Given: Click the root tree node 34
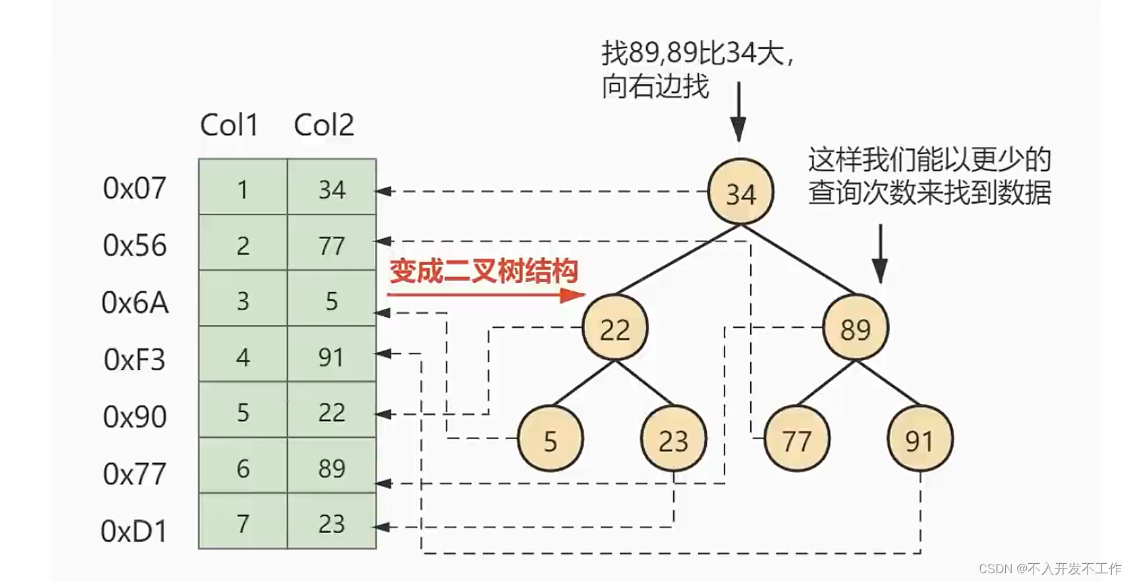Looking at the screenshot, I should pos(740,192).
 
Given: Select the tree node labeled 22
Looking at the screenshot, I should pos(615,328).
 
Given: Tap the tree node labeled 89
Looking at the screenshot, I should pos(855,328).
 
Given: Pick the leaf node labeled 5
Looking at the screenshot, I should pos(550,440).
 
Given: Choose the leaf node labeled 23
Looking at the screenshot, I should pos(673,440).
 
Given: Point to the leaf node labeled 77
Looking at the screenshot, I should pos(797,440).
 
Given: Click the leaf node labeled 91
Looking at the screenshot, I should pos(919,440).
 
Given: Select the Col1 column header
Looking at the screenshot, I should pos(229,125).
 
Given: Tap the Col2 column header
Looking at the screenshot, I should pos(324,125).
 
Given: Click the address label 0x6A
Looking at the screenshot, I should pos(135,303).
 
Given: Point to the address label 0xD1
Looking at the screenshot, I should pos(134,531).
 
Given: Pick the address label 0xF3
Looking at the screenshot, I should pos(135,359).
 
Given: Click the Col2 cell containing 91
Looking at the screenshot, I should pos(331,357).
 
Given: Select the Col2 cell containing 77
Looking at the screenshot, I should pos(331,245).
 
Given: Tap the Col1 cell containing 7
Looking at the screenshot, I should pos(243,524).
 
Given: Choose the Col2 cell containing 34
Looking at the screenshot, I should pos(331,190).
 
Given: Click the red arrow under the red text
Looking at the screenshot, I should pos(486,295).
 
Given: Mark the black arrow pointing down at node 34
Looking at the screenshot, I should pos(739,112).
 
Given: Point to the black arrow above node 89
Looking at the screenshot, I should pos(880,254).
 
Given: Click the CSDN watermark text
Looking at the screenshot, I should pos(1050,569).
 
